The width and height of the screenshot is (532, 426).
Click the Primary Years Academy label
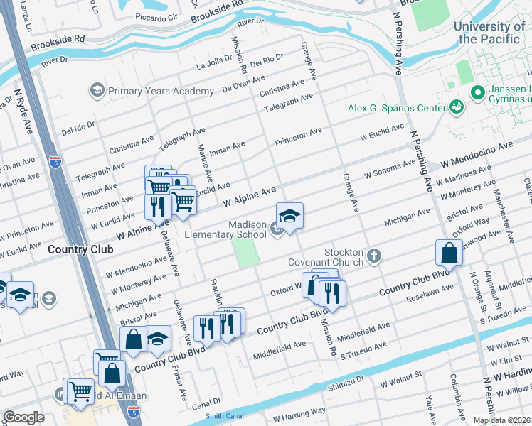click(x=160, y=91)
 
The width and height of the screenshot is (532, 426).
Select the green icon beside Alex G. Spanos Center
click(x=456, y=107)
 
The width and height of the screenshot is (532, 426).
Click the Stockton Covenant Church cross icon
click(x=374, y=255)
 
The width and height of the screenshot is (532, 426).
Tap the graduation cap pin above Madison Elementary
click(x=289, y=217)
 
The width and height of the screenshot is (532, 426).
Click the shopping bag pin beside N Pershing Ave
click(x=449, y=253)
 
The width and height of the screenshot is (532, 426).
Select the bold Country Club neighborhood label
click(x=76, y=250)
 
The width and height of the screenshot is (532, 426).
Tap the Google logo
click(x=23, y=417)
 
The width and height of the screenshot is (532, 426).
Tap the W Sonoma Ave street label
click(x=390, y=168)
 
